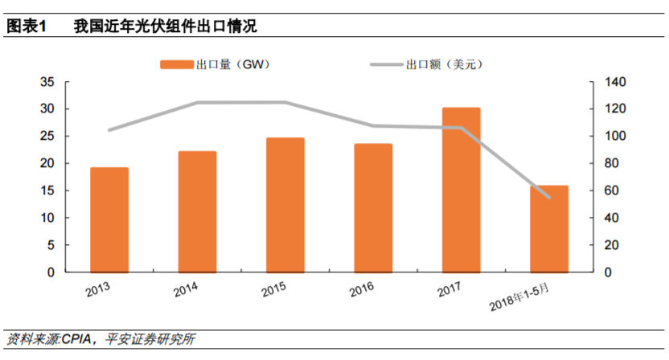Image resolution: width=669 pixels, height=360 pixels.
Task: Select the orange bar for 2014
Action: click(197, 211)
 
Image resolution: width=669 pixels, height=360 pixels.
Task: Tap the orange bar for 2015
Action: click(285, 205)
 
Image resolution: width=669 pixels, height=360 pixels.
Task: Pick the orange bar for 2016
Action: click(373, 207)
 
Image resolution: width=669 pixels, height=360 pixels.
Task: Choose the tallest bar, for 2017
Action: click(461, 190)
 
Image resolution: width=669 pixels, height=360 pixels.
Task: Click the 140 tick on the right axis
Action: click(602, 82)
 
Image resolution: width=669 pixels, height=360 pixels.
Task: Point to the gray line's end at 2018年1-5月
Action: click(549, 197)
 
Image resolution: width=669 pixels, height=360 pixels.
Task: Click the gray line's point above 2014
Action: click(197, 103)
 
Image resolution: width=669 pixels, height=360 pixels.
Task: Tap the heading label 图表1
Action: click(27, 26)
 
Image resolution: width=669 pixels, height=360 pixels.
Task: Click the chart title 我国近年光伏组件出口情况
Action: click(165, 26)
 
